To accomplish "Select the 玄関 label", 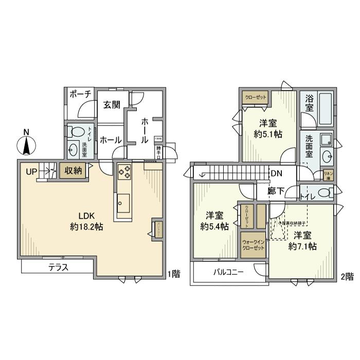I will [x=111, y=105].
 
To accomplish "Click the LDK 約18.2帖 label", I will [x=86, y=221].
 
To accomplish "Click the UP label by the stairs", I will [x=31, y=172].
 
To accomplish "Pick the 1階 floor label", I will [x=173, y=274].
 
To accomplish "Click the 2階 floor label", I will [x=347, y=276].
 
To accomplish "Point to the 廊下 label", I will [x=276, y=191].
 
